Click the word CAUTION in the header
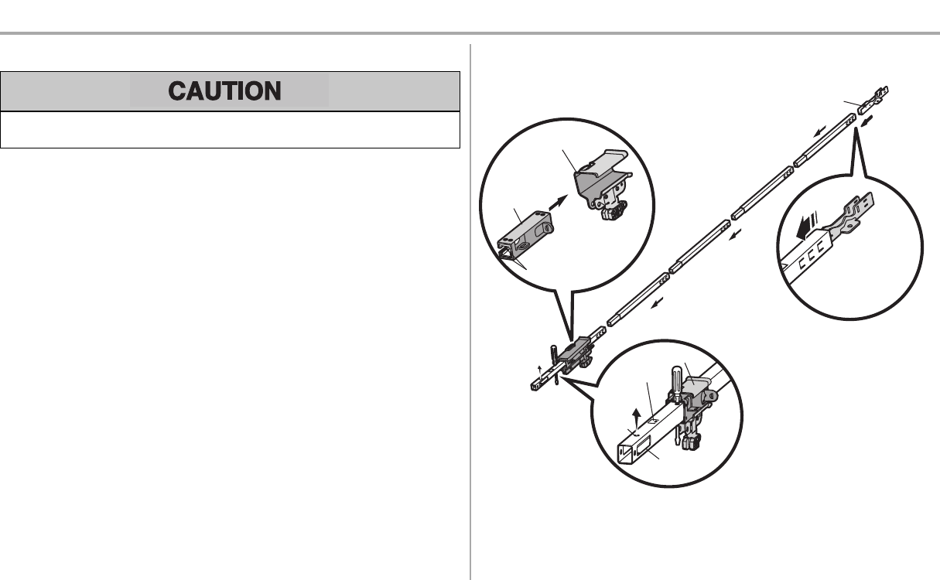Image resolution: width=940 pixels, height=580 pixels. (x=225, y=91)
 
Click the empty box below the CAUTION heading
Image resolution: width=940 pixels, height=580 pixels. (x=231, y=129)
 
